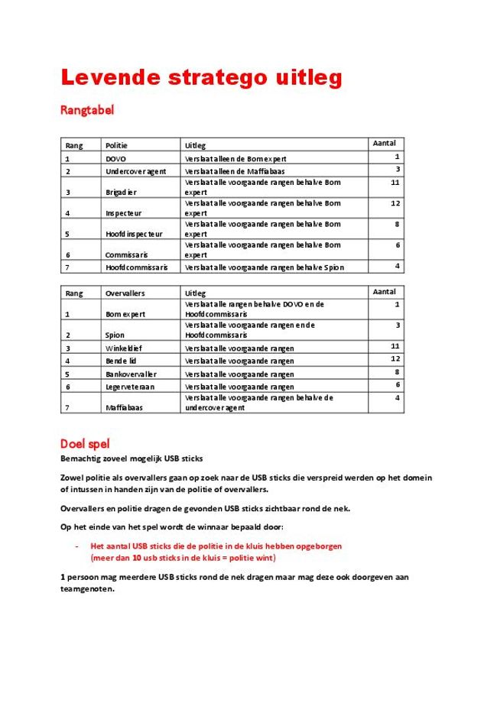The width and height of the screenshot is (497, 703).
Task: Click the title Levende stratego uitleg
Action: tap(201, 78)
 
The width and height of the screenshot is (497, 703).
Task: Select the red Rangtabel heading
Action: tap(87, 110)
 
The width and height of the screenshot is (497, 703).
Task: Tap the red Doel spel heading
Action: tap(85, 443)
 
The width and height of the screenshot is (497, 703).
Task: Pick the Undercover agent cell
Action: tap(135, 170)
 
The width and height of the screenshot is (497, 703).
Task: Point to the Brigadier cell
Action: tap(121, 192)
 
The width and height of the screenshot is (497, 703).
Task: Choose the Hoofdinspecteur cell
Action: tap(134, 234)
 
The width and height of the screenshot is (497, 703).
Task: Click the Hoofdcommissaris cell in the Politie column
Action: tap(137, 267)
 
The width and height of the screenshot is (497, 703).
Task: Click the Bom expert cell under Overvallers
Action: tap(125, 314)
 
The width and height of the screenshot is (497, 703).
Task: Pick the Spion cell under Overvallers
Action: tap(115, 335)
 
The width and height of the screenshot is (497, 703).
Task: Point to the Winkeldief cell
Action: tap(124, 348)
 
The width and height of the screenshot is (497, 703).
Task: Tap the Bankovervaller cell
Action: tap(131, 374)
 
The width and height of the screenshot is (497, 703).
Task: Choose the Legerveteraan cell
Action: tap(131, 387)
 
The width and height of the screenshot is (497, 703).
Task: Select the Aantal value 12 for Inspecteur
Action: tap(395, 203)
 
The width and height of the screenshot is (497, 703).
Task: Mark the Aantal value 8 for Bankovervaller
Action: tap(397, 371)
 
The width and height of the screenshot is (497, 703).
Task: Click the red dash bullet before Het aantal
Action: tap(77, 546)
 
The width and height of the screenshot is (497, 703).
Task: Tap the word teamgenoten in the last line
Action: tap(87, 589)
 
